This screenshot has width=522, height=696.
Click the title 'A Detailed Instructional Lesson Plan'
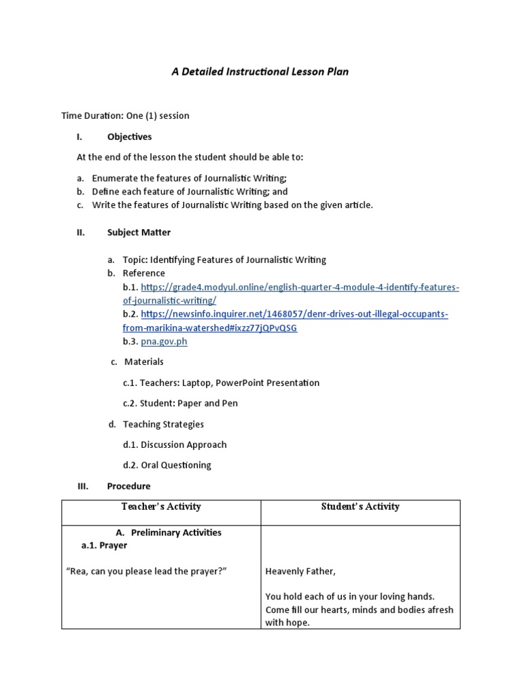260,71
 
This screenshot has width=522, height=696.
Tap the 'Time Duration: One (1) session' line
125,116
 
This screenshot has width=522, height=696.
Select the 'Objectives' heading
129,137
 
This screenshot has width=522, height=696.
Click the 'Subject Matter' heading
139,232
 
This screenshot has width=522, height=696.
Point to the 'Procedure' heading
128,486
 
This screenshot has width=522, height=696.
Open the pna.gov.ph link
164,341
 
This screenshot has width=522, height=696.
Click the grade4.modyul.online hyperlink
300,288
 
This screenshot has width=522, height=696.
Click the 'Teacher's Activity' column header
161,506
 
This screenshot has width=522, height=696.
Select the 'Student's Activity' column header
360,506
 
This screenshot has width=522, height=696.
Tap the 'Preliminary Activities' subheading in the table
176,533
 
